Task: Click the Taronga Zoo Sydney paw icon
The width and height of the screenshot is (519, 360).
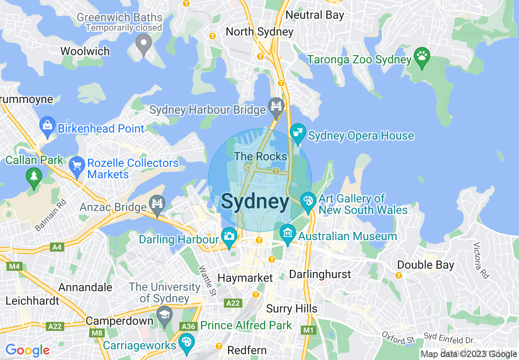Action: [x=422, y=55]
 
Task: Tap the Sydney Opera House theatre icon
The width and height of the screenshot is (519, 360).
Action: [x=298, y=132]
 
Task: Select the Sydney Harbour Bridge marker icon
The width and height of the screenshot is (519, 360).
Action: [x=276, y=106]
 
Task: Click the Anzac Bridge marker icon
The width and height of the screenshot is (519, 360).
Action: [x=157, y=203]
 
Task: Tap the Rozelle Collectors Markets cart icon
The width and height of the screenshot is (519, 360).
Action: [x=77, y=165]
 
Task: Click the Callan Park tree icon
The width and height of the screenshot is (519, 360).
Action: [x=34, y=177]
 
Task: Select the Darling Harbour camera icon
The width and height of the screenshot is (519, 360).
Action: [x=229, y=236]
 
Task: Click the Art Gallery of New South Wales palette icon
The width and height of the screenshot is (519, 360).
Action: [x=307, y=200]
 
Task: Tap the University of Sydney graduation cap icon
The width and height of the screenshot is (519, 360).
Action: [x=165, y=315]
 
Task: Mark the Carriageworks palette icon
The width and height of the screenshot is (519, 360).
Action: [x=187, y=342]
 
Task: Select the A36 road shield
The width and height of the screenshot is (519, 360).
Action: [x=189, y=326]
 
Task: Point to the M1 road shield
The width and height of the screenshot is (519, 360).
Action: [x=307, y=329]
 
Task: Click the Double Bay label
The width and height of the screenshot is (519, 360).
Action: [x=426, y=265]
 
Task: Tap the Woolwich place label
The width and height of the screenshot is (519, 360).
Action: [x=85, y=52]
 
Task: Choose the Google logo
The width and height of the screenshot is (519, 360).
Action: [x=27, y=350]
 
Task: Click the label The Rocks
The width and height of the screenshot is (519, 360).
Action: [x=260, y=156]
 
